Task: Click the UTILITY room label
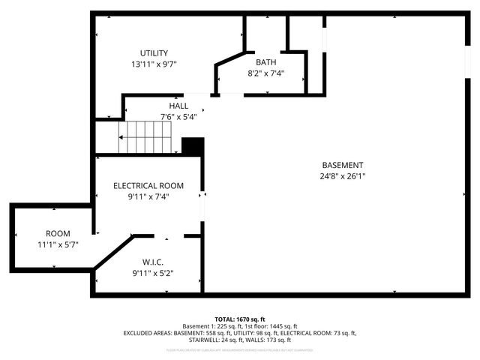click(153, 52)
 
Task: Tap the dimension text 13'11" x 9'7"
click(153, 64)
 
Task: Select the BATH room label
click(265, 62)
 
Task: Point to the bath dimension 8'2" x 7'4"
click(265, 73)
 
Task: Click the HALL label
click(178, 106)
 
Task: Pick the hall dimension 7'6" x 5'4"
click(178, 117)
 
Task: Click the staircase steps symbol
click(147, 138)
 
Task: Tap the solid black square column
click(193, 146)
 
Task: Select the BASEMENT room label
click(343, 165)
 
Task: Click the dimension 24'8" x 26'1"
click(343, 177)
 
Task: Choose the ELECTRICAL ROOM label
click(148, 185)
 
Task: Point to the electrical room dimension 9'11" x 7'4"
click(148, 196)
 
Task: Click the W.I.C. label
click(153, 262)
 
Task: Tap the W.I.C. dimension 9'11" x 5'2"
click(153, 273)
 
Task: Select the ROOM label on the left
click(58, 234)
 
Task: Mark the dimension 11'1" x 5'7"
click(58, 245)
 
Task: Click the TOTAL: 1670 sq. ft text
click(240, 319)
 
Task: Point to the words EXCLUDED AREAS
click(148, 333)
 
